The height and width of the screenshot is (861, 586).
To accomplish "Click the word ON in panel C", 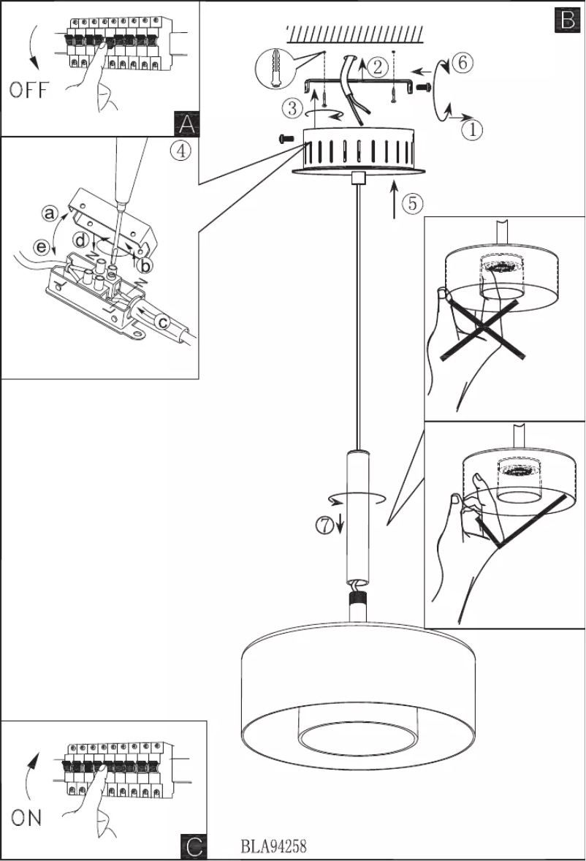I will pos(26,818).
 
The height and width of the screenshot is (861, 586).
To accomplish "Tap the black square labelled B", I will pos(567,18).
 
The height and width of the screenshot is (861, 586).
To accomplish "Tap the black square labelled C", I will pos(193,846).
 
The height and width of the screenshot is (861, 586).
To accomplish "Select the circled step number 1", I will pos(471,129).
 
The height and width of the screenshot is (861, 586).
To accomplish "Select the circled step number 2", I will pos(376,68).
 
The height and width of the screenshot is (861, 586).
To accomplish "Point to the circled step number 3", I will pos(291,108).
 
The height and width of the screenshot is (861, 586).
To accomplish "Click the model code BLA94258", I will pos(273,846).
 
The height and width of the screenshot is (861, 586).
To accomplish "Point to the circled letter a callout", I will pos(49,213).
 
